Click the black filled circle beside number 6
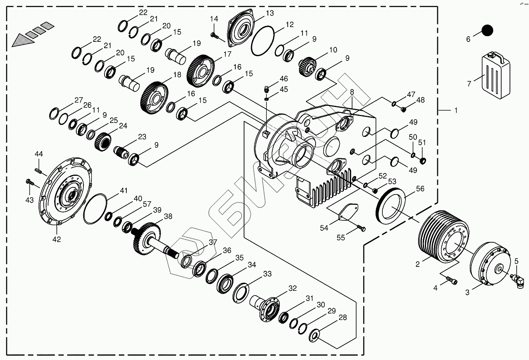point(487,31)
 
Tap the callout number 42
point(57,239)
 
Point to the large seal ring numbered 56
point(391,203)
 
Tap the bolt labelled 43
point(29,183)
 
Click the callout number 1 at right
point(456,111)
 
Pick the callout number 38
point(168,216)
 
